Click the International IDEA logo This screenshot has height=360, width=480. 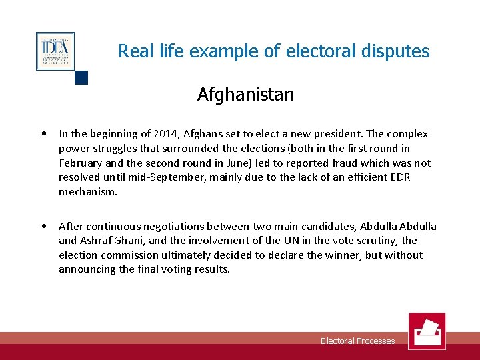pos(55,51)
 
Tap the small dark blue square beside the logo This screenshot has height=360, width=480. pos(81,77)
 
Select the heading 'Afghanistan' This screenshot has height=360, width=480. pos(245,95)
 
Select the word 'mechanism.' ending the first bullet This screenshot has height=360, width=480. pos(88,192)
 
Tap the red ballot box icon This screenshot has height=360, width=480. pos(427,331)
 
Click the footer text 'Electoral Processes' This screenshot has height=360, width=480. pos(357,341)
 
